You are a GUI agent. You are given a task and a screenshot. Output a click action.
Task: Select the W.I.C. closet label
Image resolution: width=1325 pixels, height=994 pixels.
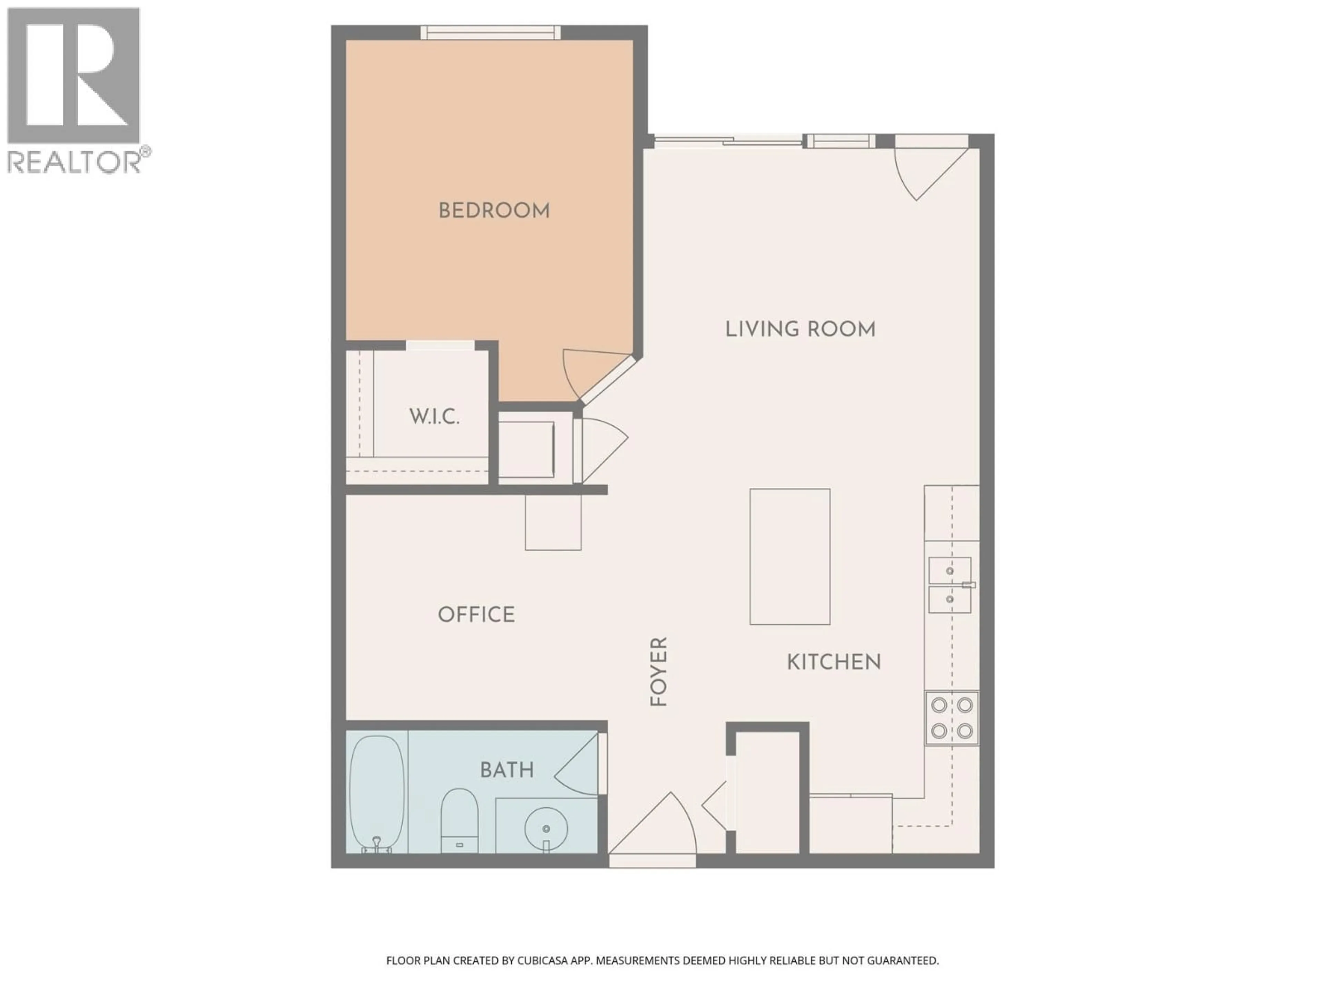pyautogui.click(x=434, y=417)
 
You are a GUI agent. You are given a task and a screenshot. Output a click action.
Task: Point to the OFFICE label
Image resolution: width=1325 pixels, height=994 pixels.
pyautogui.click(x=476, y=615)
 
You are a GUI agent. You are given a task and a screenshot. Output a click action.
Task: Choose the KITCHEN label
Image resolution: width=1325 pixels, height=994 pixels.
pyautogui.click(x=833, y=662)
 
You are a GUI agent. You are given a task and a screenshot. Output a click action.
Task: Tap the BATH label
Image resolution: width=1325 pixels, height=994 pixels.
pyautogui.click(x=507, y=770)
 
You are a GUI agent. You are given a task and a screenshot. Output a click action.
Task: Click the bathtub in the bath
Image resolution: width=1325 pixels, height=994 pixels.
pyautogui.click(x=377, y=792)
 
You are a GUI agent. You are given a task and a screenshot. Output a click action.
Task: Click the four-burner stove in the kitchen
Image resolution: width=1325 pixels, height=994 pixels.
pyautogui.click(x=951, y=718)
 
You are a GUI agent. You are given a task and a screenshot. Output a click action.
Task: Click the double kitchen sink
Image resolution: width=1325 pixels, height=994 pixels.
pyautogui.click(x=950, y=585)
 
